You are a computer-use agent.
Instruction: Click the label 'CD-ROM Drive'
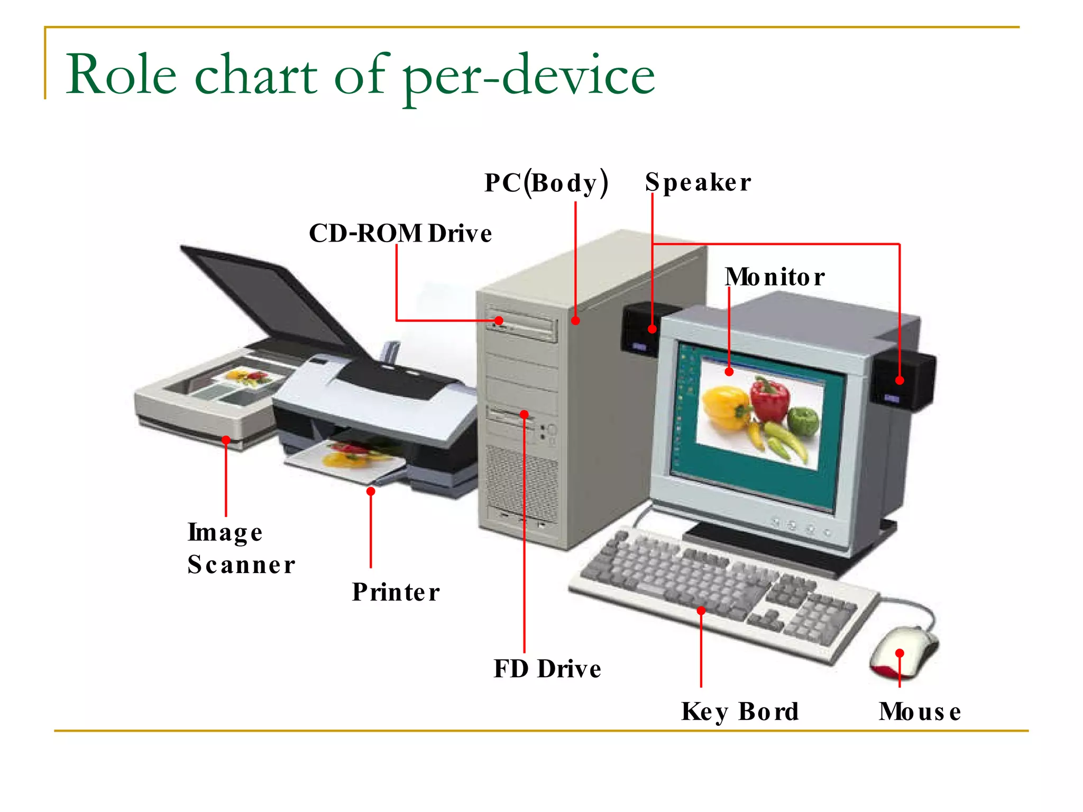point(400,233)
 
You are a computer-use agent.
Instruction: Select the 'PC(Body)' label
point(546,183)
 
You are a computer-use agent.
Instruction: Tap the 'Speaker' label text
point(697,183)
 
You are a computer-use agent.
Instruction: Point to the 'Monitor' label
point(774,277)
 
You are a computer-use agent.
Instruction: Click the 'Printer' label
point(396,592)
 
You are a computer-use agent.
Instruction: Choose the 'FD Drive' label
point(547,669)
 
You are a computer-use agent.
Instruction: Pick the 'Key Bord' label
point(739,712)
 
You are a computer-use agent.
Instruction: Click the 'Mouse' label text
point(920,712)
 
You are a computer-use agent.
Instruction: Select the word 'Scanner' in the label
point(241,565)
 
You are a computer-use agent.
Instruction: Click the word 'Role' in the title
point(121,75)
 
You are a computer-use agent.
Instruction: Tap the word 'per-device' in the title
point(529,77)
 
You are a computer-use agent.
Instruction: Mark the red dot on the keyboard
point(701,611)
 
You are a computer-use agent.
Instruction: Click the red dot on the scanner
point(226,440)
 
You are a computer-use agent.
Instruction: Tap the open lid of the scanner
point(270,296)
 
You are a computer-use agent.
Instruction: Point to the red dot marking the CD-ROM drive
point(499,320)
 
